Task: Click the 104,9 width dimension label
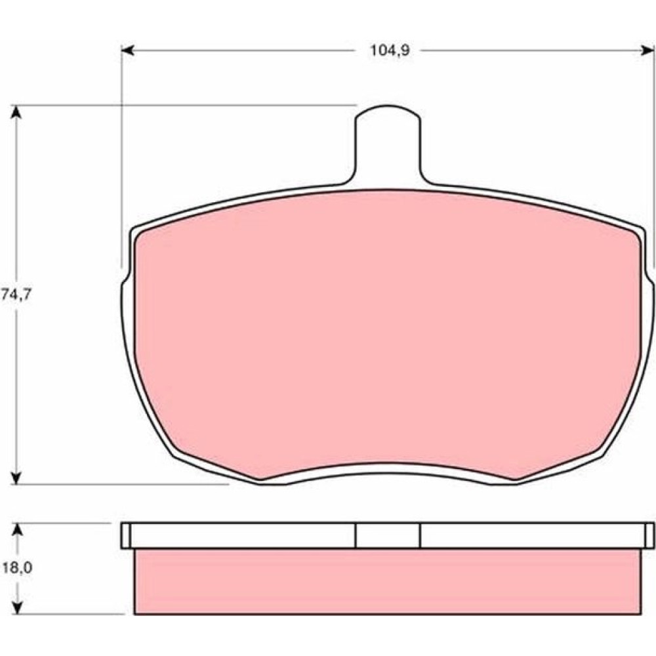390,51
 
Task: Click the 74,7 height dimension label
16,295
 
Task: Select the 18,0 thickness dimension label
17,568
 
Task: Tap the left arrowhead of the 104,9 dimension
128,51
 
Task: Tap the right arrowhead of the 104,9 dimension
647,51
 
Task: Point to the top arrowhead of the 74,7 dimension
16,112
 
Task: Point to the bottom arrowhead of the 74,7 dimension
16,478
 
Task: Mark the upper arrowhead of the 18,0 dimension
17,529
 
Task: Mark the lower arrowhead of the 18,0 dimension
17,608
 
